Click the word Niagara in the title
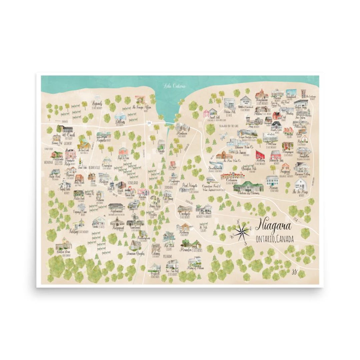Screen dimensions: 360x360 click(x=273, y=226)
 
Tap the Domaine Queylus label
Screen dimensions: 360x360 click(x=137, y=254)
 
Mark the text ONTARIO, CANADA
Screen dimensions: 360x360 click(x=275, y=239)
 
